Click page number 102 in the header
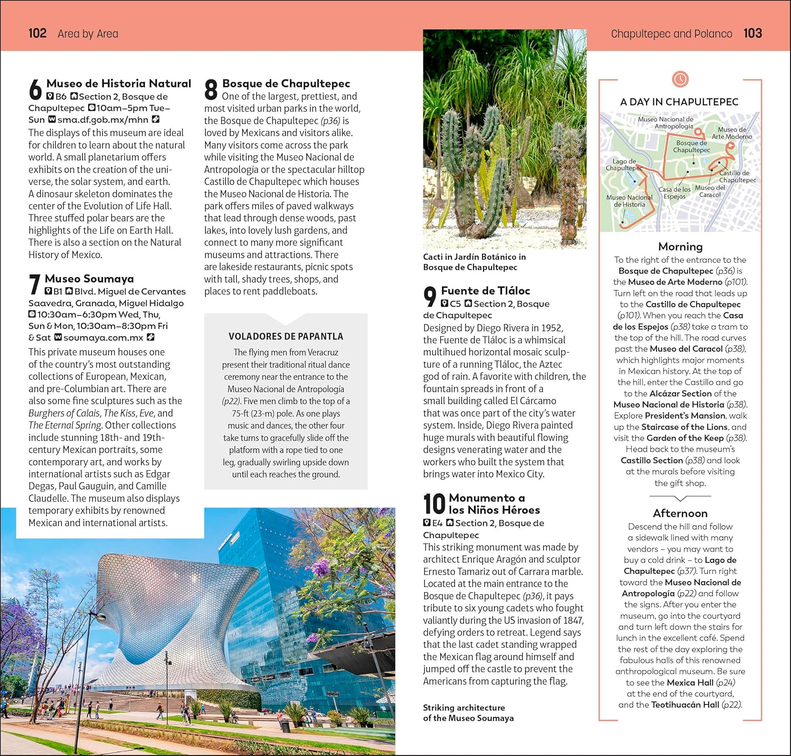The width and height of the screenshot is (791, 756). click(x=37, y=33)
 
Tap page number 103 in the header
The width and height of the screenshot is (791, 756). click(x=753, y=33)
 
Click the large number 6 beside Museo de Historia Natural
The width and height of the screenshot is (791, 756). click(x=35, y=90)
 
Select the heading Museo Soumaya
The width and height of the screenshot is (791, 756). click(x=89, y=279)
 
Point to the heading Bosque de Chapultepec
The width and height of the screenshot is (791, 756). click(x=286, y=83)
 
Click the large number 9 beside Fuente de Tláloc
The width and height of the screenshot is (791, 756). click(x=430, y=296)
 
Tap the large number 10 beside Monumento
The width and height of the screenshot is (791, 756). click(x=434, y=504)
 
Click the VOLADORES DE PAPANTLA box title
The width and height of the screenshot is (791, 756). click(x=286, y=336)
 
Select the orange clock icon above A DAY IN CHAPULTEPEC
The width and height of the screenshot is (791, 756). click(x=680, y=79)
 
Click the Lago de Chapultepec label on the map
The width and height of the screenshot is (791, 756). click(x=624, y=165)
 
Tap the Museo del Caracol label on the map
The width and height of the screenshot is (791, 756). click(x=710, y=191)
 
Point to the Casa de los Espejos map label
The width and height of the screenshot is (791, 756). click(x=674, y=193)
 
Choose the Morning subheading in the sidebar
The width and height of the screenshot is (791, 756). click(x=680, y=246)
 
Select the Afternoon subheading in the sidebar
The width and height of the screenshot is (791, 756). click(x=680, y=513)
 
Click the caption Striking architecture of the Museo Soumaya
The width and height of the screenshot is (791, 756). click(x=468, y=713)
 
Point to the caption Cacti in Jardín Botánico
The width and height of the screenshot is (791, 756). click(x=474, y=262)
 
